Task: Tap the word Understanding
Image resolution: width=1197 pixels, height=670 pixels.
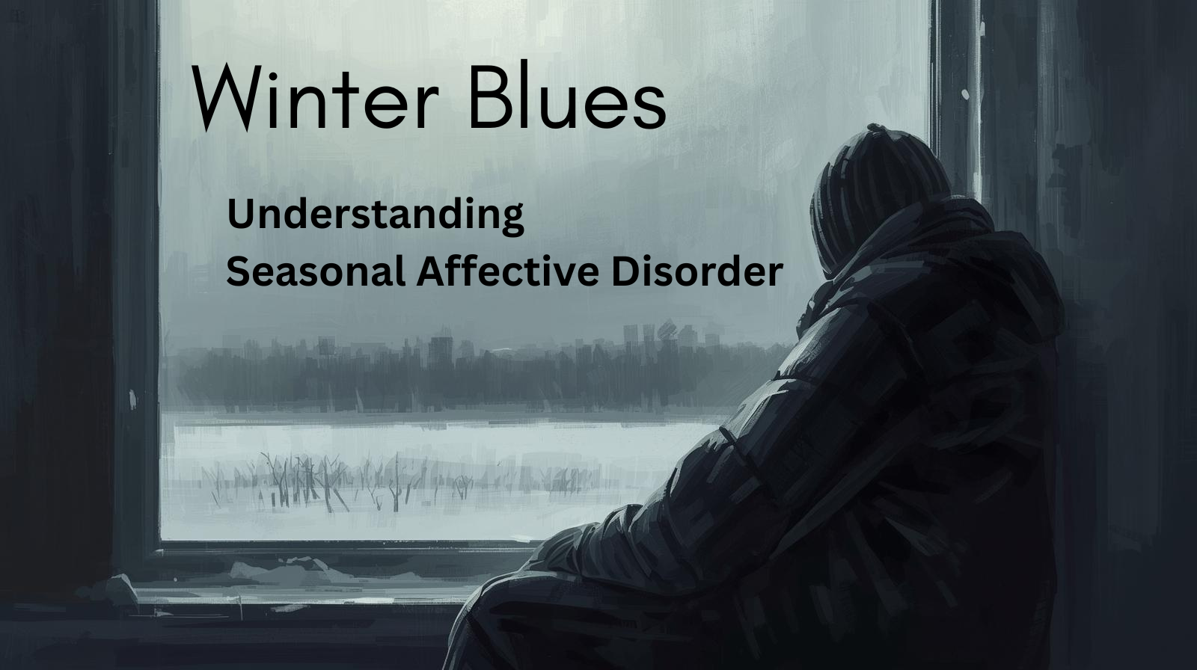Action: (376, 215)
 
